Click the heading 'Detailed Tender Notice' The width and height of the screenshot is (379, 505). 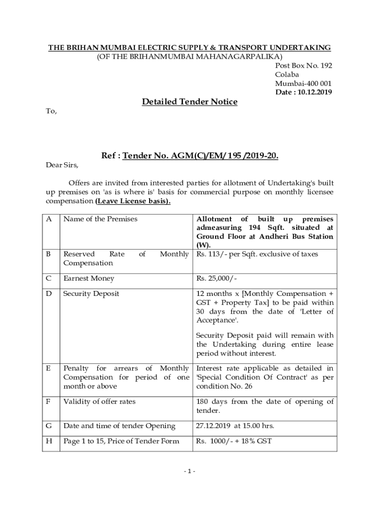pos(189,102)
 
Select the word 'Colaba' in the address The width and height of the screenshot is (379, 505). pos(287,74)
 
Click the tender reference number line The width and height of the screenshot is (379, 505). pos(190,156)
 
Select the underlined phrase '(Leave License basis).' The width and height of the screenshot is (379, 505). pos(133,202)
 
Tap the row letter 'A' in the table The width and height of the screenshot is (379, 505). pos(49,218)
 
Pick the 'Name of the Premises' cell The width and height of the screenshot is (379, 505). pos(100,218)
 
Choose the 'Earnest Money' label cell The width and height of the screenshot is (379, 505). pos(89,279)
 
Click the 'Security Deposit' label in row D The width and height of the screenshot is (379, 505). pos(91,293)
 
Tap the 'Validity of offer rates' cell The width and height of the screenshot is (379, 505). pos(99,401)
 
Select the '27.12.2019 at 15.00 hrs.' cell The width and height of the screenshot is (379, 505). pos(235,426)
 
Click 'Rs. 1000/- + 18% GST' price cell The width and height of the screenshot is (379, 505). pos(234,441)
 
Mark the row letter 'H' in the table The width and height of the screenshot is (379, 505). pos(49,441)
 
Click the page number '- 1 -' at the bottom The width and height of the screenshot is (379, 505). pos(189,471)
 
